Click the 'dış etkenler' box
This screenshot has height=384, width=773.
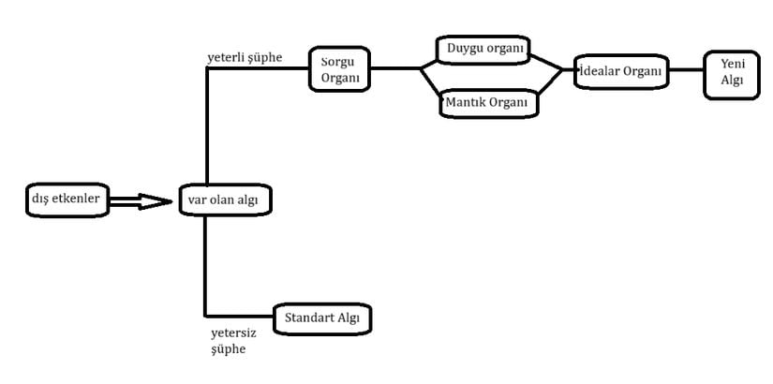coord(67,199)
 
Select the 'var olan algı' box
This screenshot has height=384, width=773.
coord(225,199)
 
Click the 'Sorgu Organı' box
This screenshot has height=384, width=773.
coord(339,69)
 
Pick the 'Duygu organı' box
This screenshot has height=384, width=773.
coord(483,50)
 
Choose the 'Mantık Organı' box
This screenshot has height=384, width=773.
coord(488,104)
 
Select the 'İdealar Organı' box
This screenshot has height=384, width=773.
coord(621,71)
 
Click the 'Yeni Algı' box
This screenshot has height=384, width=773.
coord(732,75)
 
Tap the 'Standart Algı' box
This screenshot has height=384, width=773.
coord(322,318)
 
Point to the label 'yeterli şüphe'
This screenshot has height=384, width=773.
coord(245,58)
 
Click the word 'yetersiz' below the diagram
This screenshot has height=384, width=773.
coord(233,333)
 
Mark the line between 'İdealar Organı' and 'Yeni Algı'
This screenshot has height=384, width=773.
coord(686,69)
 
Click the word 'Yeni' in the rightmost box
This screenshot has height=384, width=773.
coord(732,64)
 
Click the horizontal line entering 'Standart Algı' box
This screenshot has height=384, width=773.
coord(240,316)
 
